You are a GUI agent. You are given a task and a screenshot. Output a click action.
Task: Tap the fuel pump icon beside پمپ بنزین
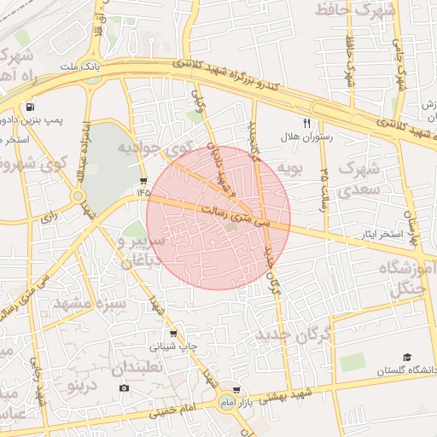(31, 108)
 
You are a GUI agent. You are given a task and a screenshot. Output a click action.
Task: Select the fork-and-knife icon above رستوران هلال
(306, 122)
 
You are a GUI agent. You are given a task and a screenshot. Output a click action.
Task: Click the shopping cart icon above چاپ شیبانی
(174, 334)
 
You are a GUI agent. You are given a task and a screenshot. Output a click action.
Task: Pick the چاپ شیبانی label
(174, 347)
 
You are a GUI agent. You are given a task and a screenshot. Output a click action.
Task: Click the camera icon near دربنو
(125, 387)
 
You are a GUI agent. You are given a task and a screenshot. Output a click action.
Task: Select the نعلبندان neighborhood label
(140, 368)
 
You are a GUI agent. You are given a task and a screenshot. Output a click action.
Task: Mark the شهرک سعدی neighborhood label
(358, 178)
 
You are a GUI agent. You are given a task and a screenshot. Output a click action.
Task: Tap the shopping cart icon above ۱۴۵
(143, 181)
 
